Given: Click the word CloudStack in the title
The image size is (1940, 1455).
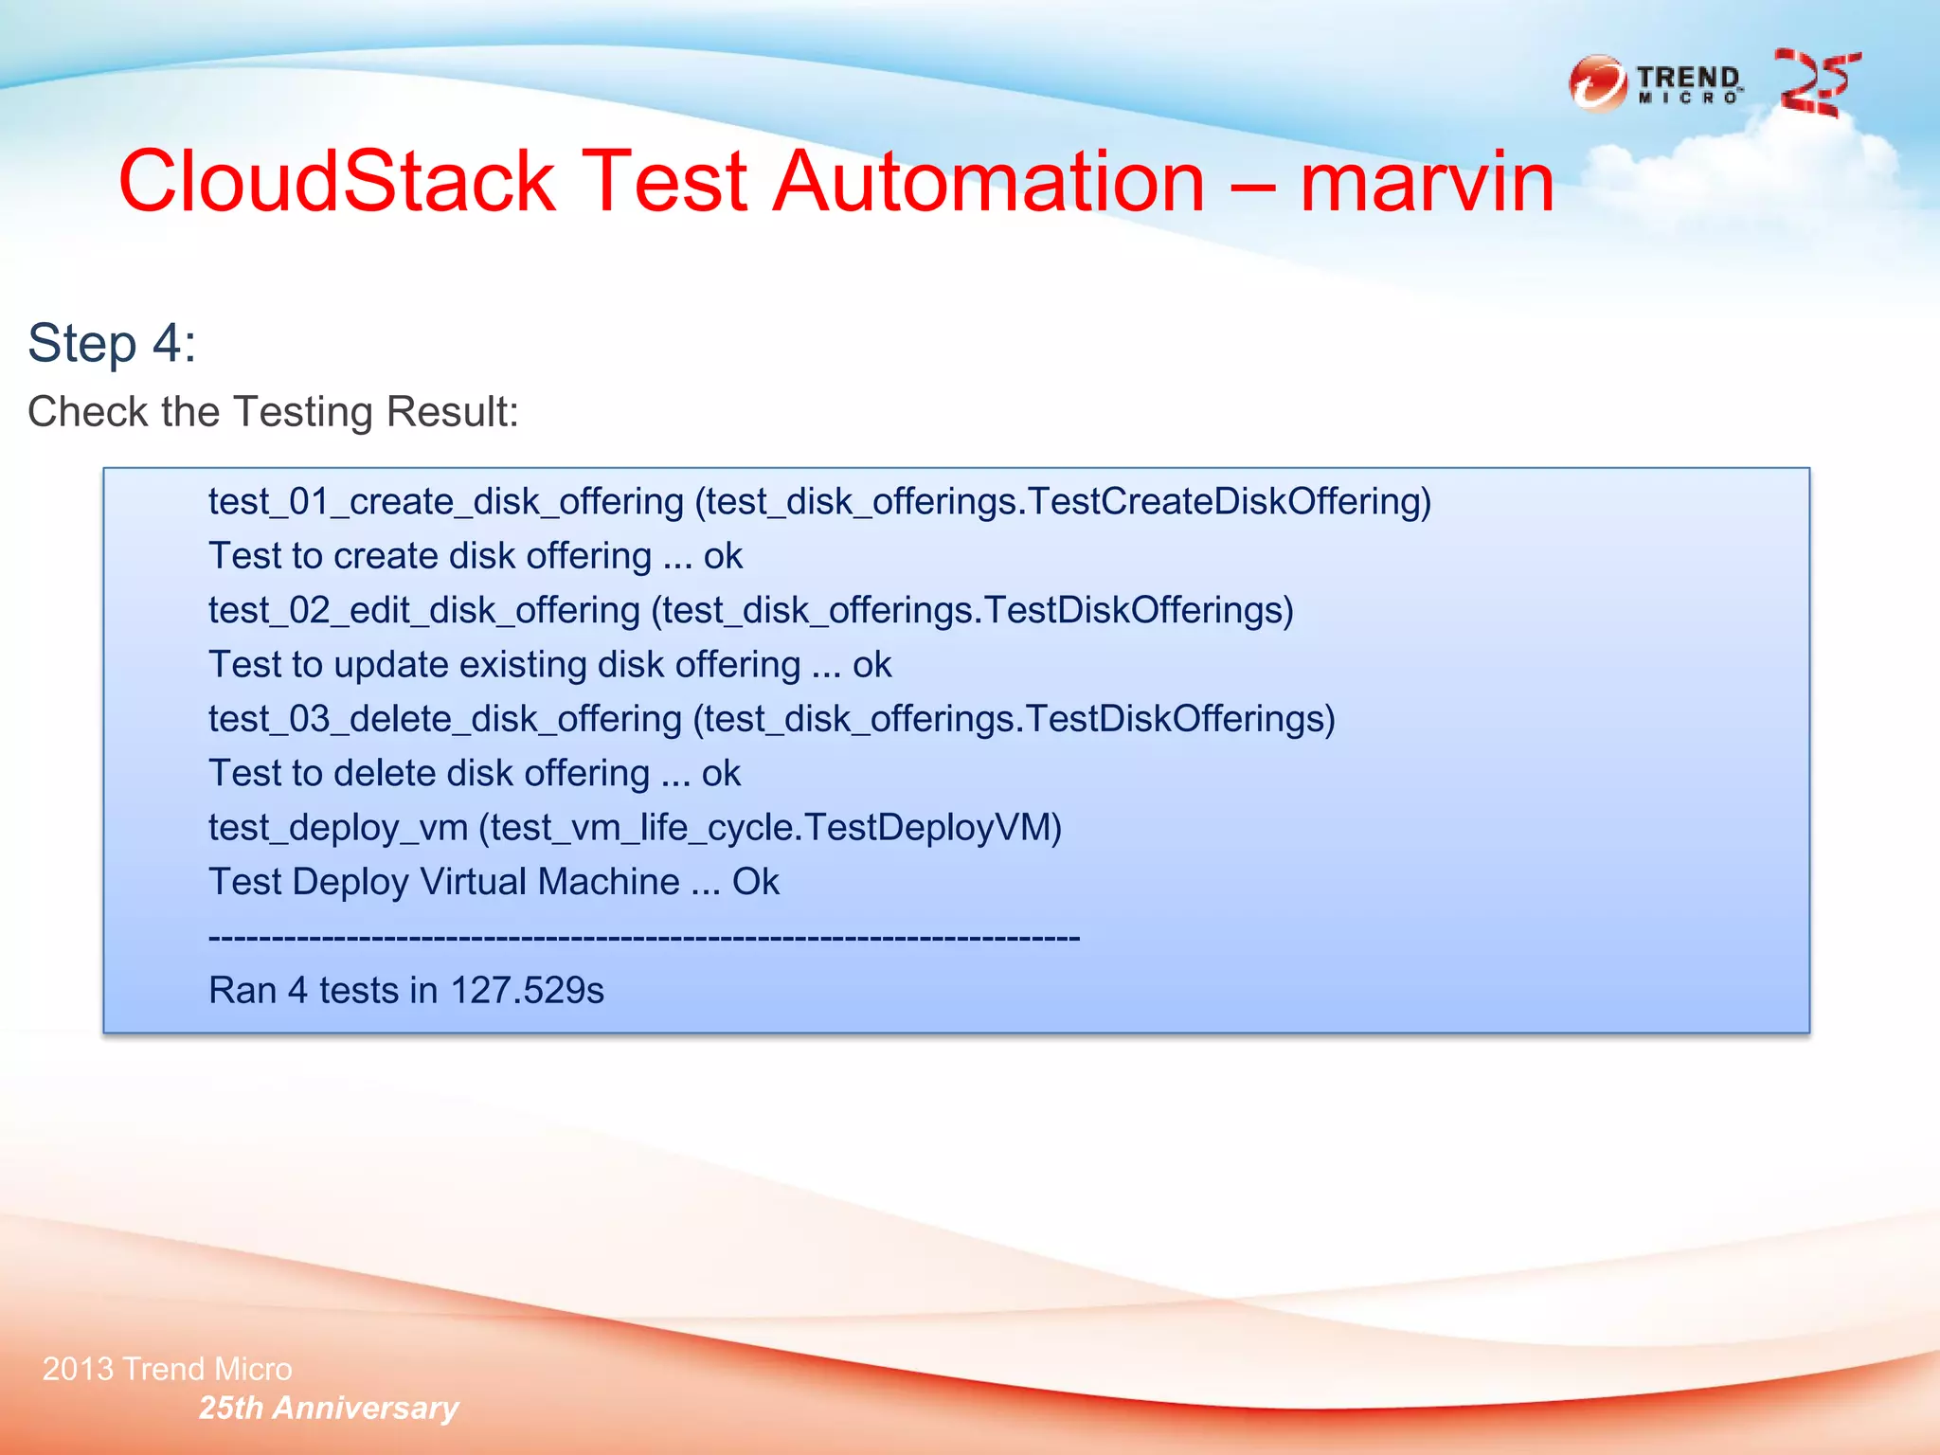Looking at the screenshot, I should tap(336, 181).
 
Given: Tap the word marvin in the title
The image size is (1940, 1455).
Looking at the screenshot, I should tap(1427, 181).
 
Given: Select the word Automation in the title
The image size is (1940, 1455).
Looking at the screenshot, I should tap(988, 181).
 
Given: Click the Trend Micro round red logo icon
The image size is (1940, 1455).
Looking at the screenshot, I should tap(1598, 84).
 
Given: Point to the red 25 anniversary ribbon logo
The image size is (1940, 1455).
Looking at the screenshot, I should tap(1816, 84).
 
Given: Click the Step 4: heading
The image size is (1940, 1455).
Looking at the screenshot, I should tap(112, 343).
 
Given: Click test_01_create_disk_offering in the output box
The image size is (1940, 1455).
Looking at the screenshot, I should tap(445, 501).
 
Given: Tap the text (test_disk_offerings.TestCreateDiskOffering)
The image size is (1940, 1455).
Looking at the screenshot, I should tap(1063, 501).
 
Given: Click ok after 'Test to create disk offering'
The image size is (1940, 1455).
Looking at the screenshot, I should tap(723, 556).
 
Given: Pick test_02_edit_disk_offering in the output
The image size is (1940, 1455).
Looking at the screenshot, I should tap(424, 610).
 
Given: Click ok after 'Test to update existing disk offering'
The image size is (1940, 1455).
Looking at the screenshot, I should tap(871, 665).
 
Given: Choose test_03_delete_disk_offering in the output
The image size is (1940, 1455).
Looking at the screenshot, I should tap(445, 719).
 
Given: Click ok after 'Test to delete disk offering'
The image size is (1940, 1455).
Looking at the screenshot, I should tap(721, 774).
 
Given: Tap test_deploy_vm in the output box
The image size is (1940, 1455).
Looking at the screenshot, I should tap(338, 828).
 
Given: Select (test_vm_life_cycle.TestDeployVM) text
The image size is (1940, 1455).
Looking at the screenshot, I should tap(770, 828).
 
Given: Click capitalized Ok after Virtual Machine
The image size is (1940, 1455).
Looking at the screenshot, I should tap(755, 882).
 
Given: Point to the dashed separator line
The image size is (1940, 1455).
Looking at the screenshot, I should tap(644, 938).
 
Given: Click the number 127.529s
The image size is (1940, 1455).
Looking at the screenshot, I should tap(527, 991).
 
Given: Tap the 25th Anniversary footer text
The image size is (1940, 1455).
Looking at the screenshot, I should tap(329, 1408).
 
